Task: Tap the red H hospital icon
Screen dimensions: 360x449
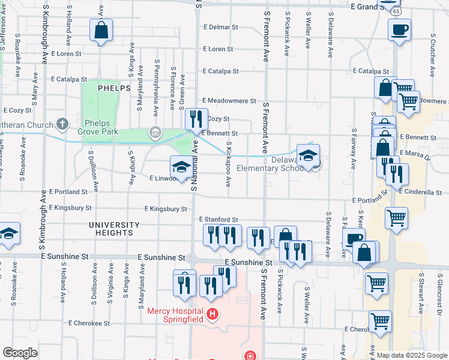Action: pos(211,314)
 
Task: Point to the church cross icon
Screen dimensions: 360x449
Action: pos(62,125)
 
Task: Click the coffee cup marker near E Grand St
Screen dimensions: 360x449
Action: pos(399,29)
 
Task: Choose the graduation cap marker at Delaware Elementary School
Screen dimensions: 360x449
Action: pos(308,155)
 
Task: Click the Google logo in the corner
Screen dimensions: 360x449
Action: pos(19,353)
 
